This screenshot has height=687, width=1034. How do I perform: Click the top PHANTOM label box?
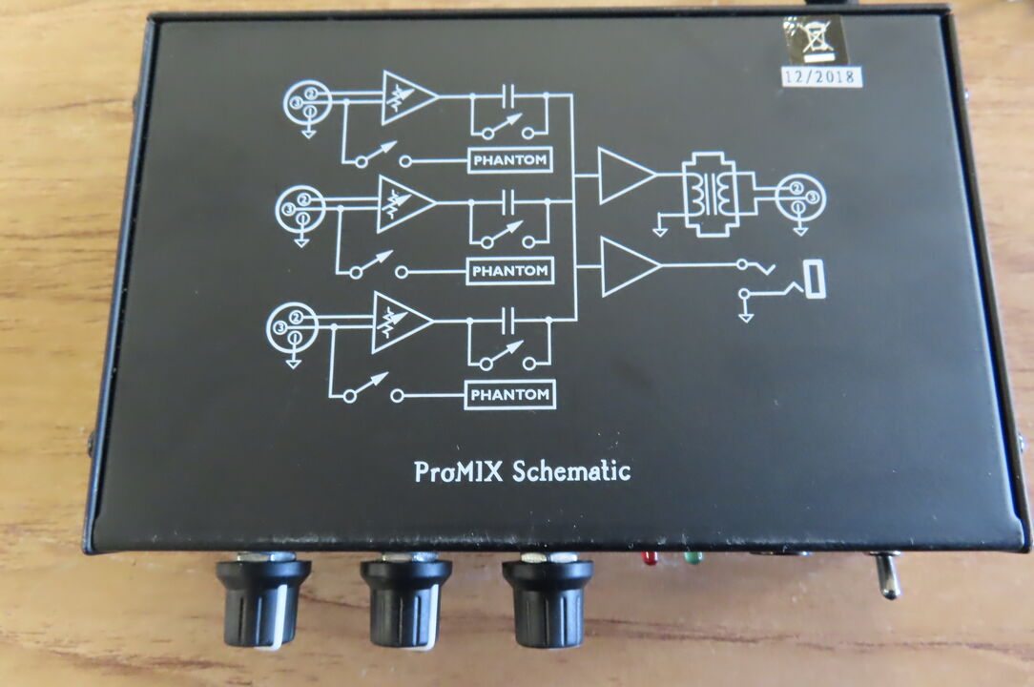click(x=510, y=160)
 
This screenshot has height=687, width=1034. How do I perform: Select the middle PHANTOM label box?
click(x=510, y=271)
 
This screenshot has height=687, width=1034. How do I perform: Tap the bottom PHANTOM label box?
click(x=510, y=394)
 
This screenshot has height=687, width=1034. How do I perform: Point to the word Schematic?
click(x=571, y=470)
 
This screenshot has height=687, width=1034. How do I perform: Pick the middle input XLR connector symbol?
click(x=300, y=207)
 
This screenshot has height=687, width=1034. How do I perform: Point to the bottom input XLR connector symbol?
click(x=291, y=326)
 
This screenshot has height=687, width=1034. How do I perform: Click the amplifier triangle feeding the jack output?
click(x=628, y=266)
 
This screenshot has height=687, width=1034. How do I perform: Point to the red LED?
click(x=650, y=556)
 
